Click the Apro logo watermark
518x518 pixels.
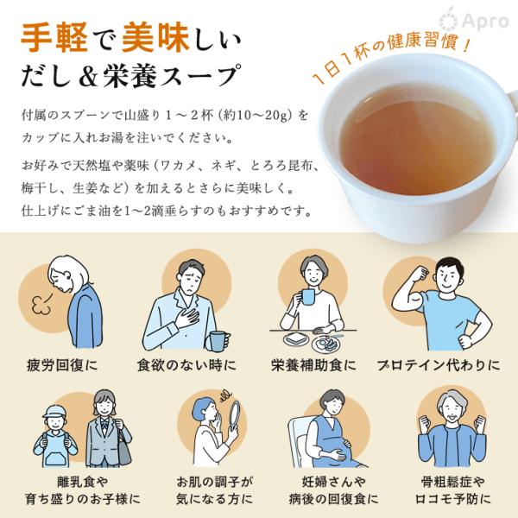tap(474, 20)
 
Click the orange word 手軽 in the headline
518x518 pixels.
tap(54, 38)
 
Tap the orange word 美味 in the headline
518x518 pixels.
tap(155, 38)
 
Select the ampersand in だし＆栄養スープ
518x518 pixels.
tap(89, 76)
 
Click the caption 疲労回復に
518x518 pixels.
tap(62, 365)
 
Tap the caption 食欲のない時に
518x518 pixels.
tap(186, 365)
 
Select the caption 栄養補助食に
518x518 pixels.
tap(313, 365)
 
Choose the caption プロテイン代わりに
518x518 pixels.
tap(439, 365)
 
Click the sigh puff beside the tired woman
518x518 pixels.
tap(41, 305)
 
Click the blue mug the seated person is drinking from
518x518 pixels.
tap(306, 297)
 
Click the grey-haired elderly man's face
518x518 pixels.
tap(452, 410)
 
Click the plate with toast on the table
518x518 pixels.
tap(296, 339)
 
